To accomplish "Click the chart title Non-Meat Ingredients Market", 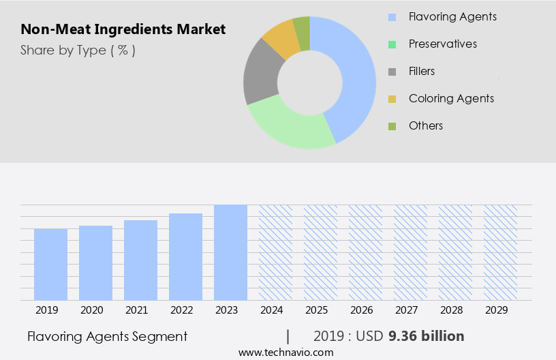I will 123,30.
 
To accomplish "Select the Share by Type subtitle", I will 78,50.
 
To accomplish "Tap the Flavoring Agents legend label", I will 452,16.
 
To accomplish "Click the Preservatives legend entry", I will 443,44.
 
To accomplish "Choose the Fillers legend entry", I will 422,71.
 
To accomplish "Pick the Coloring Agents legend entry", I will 451,98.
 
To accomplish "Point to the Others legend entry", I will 426,125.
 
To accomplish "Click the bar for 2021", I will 140,260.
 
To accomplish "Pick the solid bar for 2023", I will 230,252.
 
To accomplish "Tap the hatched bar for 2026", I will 365,252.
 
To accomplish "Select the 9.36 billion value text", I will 426,336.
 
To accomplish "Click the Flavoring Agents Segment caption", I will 108,336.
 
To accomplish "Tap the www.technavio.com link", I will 286,352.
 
